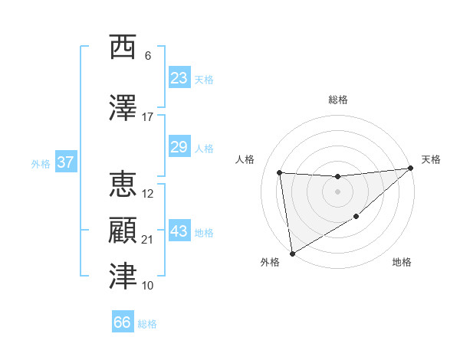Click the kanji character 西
coord(123,47)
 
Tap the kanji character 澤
coord(123,108)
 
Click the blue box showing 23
coord(179,78)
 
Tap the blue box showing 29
coord(179,147)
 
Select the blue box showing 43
coord(179,231)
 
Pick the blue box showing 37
coord(65,162)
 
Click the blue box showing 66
coord(123,322)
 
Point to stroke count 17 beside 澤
coord(147,117)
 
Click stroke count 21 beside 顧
coord(147,240)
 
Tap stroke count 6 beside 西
coord(147,56)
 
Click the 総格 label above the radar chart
coord(338,100)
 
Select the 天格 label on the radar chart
coord(431,159)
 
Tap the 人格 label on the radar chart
coord(245,159)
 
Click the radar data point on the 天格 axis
coord(410,169)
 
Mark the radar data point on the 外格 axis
coord(292,253)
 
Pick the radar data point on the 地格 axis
coord(356,218)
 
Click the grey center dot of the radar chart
coord(338,191)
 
